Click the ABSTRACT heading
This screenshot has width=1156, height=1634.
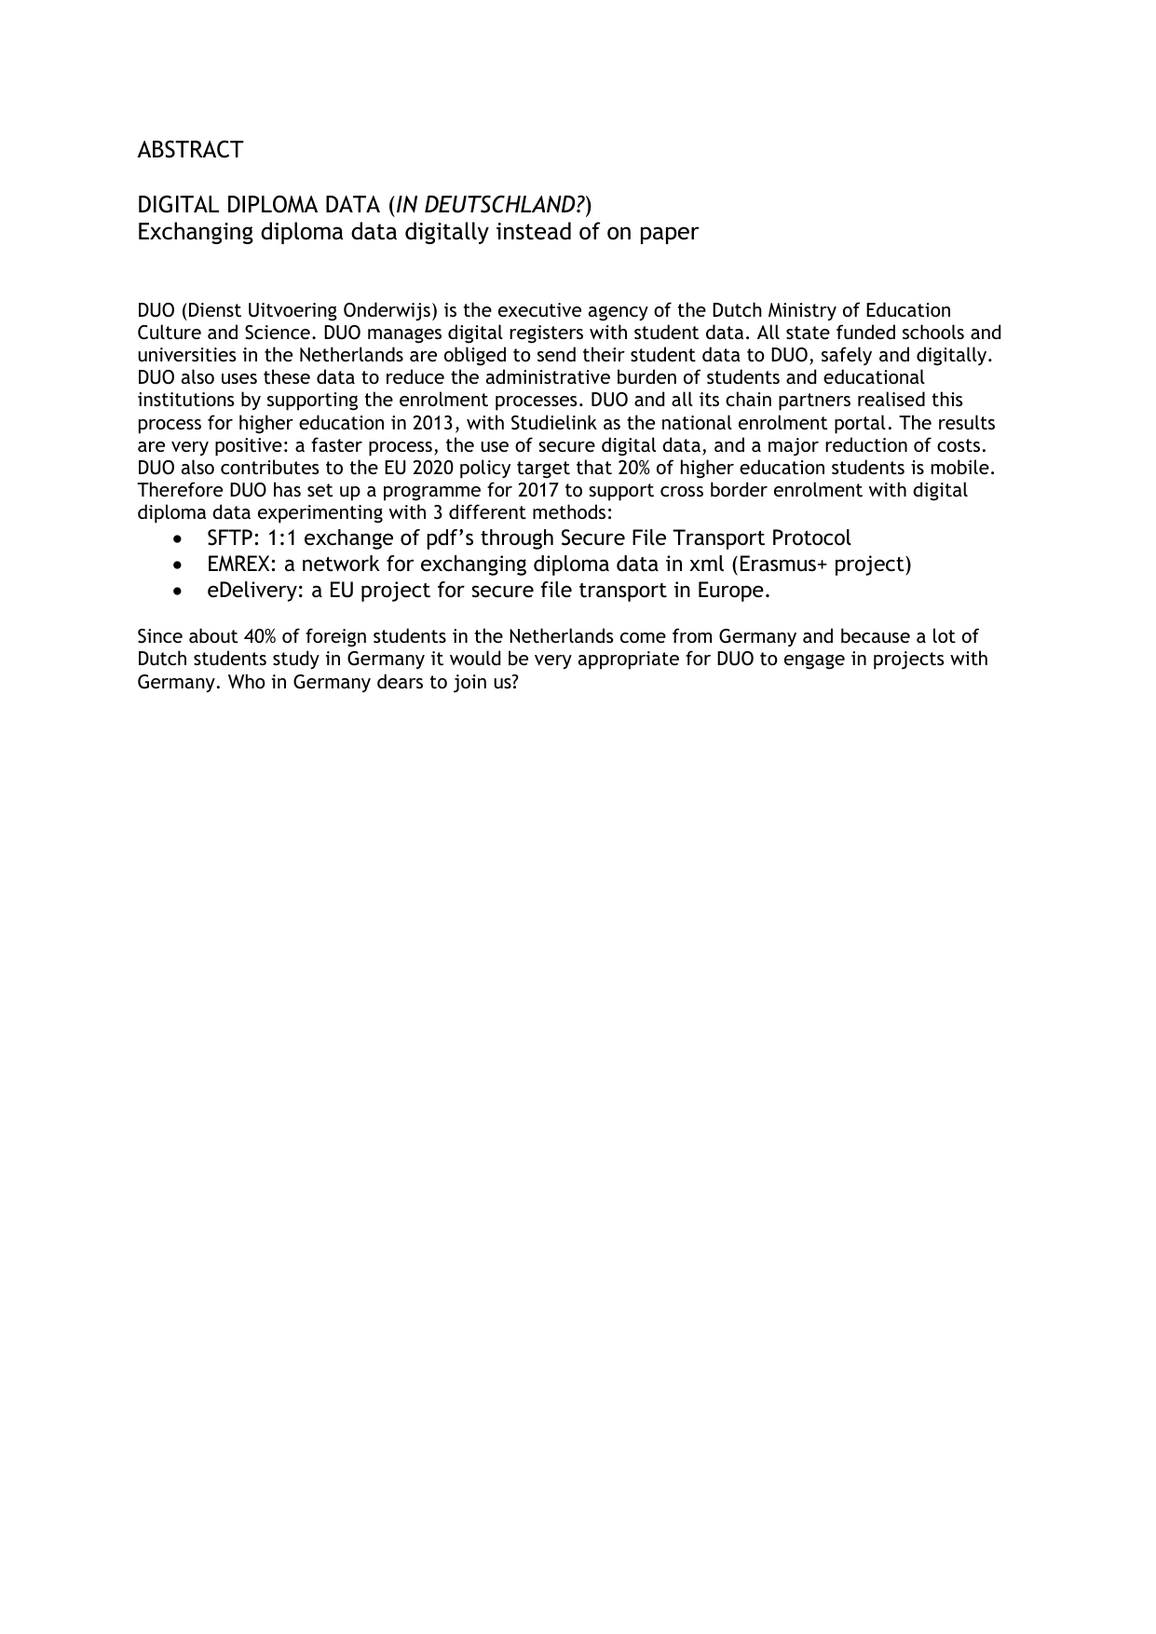click(x=190, y=150)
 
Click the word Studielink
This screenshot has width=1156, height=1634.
click(x=553, y=423)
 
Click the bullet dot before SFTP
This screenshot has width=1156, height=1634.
click(x=179, y=539)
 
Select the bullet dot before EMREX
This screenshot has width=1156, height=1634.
click(x=179, y=565)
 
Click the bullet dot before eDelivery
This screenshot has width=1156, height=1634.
click(x=179, y=592)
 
